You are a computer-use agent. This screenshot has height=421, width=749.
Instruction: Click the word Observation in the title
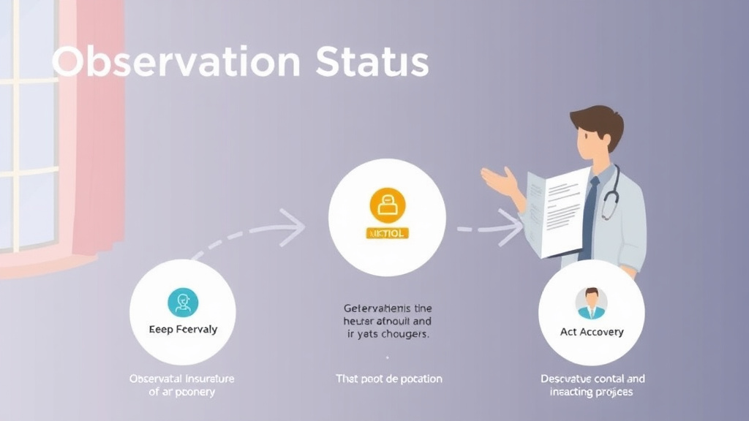(176, 63)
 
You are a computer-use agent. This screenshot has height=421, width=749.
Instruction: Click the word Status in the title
(373, 63)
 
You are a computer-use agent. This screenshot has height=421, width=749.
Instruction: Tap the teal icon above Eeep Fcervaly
(182, 302)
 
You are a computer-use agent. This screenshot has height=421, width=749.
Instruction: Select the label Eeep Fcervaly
(183, 330)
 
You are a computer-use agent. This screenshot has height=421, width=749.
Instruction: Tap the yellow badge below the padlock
(387, 233)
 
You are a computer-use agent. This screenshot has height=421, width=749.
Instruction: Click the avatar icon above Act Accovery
(591, 303)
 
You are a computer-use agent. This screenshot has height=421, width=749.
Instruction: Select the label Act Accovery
(592, 332)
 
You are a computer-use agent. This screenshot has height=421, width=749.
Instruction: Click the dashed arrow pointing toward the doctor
(490, 228)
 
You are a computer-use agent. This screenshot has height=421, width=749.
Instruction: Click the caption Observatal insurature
(182, 379)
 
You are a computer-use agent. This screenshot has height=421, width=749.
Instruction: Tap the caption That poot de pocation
(388, 379)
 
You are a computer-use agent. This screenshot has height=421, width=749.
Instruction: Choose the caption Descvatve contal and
(592, 379)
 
